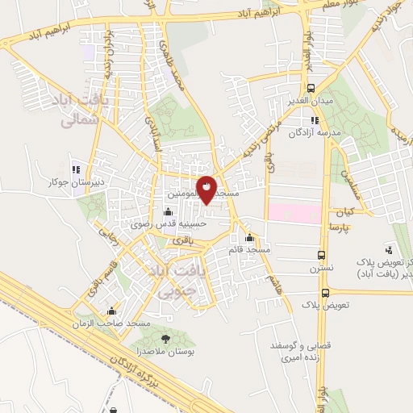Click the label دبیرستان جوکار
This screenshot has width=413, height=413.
point(75,181)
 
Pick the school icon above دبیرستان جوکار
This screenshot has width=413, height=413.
point(75,170)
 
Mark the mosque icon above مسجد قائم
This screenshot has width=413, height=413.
point(250,238)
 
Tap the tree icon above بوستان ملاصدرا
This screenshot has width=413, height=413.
point(167,339)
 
